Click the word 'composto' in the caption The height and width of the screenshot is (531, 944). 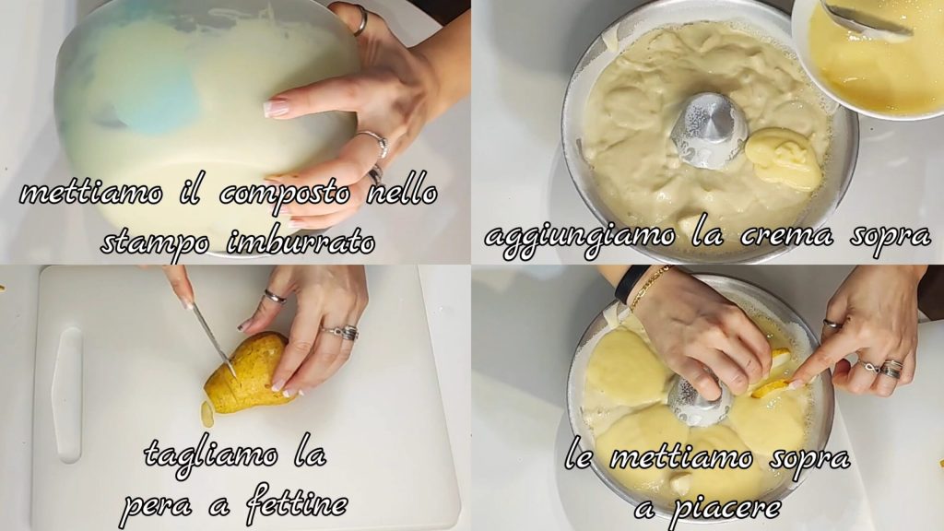(x=284, y=195)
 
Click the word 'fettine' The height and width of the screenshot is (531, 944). (x=296, y=502)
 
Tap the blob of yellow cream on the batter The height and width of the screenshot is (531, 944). (x=784, y=157)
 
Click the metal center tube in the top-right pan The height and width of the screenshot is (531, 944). (x=705, y=130)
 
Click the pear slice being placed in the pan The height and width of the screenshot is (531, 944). (x=773, y=376)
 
